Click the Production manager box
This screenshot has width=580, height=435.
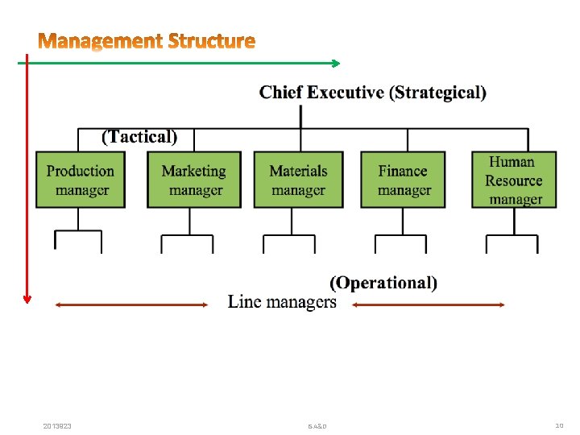[80, 180]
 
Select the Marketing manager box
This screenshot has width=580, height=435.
[194, 180]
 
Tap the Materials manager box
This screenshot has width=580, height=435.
[298, 180]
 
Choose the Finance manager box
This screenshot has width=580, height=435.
[403, 180]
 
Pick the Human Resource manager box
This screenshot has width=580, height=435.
[514, 180]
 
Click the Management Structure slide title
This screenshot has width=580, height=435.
[147, 40]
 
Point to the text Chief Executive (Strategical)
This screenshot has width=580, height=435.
[372, 93]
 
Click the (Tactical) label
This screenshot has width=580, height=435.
[139, 136]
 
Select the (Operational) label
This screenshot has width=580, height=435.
[384, 283]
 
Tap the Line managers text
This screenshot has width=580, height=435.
[282, 302]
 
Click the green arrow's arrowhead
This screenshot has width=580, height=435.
[335, 62]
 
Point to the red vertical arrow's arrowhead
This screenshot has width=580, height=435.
[27, 298]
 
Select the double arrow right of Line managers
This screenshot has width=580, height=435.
[429, 304]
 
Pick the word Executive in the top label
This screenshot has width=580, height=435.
[344, 93]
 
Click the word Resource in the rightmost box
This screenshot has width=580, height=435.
[514, 180]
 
